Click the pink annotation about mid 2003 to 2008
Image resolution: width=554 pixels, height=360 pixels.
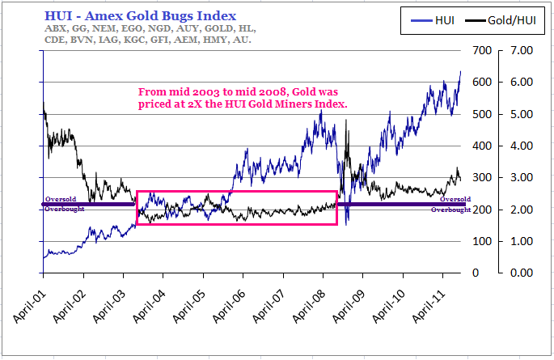(243, 98)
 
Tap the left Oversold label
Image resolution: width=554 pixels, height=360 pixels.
(61, 199)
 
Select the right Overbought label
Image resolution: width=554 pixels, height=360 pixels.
(450, 210)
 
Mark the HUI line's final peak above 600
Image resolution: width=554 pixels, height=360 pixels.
(460, 72)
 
